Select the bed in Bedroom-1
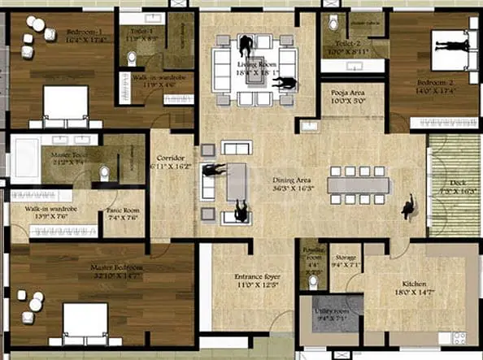pos(64,106)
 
